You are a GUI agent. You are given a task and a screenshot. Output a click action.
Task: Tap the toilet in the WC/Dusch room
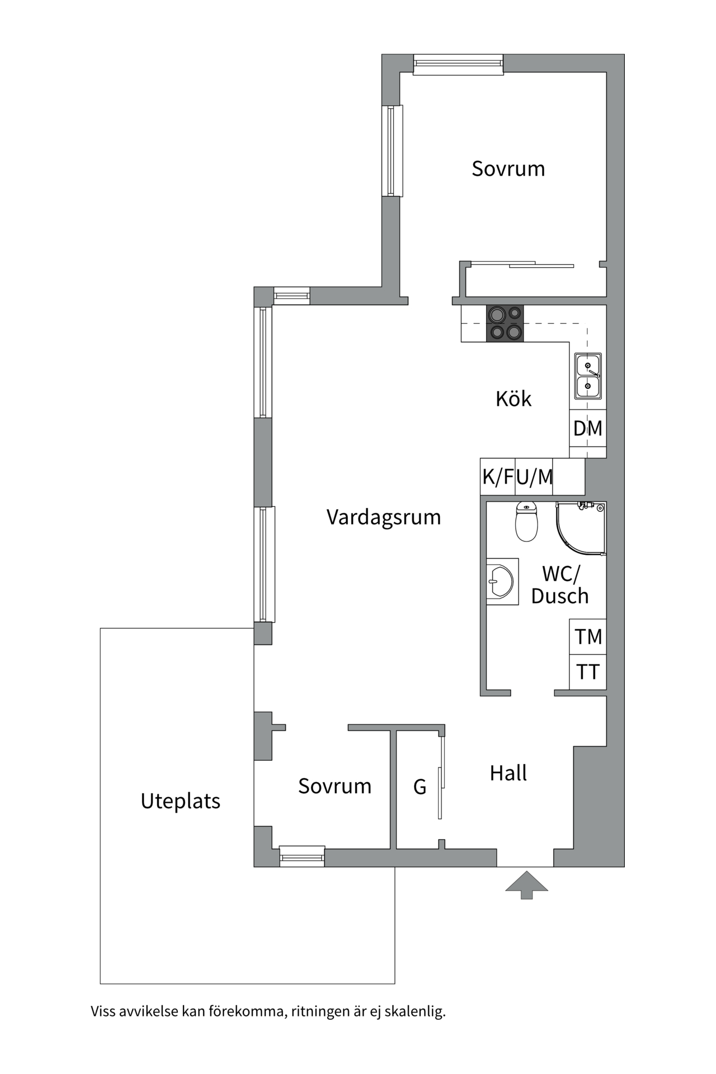pos(526,522)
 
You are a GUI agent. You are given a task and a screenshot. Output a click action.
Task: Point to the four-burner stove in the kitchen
pos(505,323)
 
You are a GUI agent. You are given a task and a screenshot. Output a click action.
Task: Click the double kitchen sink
pos(588,376)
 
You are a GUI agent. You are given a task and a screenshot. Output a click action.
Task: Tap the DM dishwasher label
pos(588,428)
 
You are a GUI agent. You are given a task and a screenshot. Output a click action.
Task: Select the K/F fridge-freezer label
pos(498,477)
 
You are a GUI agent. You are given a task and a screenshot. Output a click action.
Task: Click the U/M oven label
pos(534,477)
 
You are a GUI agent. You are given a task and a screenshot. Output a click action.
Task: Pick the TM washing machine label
pos(588,637)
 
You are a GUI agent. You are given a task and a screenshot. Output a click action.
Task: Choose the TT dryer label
pos(588,672)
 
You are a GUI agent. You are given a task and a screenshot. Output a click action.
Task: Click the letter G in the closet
pos(420,787)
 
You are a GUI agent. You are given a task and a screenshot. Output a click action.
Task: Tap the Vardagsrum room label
pos(384,517)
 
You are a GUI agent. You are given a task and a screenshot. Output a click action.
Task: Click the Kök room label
pos(514,399)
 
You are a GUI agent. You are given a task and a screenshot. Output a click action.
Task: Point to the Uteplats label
pos(181,802)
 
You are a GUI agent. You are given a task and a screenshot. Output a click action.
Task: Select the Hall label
pos(508,774)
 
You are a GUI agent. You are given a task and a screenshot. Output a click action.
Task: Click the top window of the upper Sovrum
pos(458,64)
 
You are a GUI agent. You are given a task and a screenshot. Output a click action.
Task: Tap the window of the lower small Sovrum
pos(302,856)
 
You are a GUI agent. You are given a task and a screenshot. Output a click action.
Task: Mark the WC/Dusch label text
pos(560,585)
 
